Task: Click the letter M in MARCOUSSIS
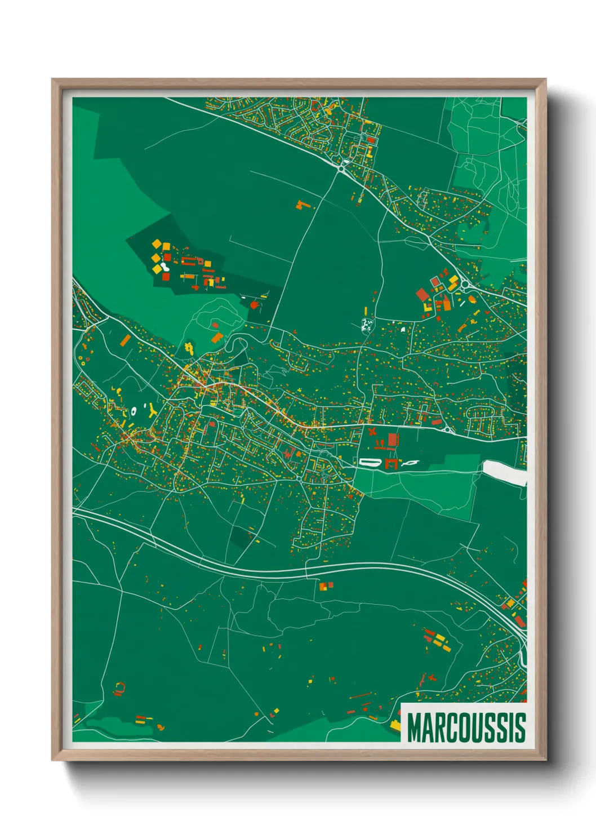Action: (416, 728)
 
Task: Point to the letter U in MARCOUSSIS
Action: (479, 728)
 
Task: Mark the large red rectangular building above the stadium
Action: (393, 440)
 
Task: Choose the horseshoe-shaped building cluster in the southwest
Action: (119, 688)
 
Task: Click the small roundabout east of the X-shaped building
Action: (448, 430)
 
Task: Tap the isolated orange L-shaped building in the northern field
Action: (303, 204)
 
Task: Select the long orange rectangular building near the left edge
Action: (125, 340)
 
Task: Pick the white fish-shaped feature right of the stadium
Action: (411, 463)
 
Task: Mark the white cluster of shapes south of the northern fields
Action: (367, 325)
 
